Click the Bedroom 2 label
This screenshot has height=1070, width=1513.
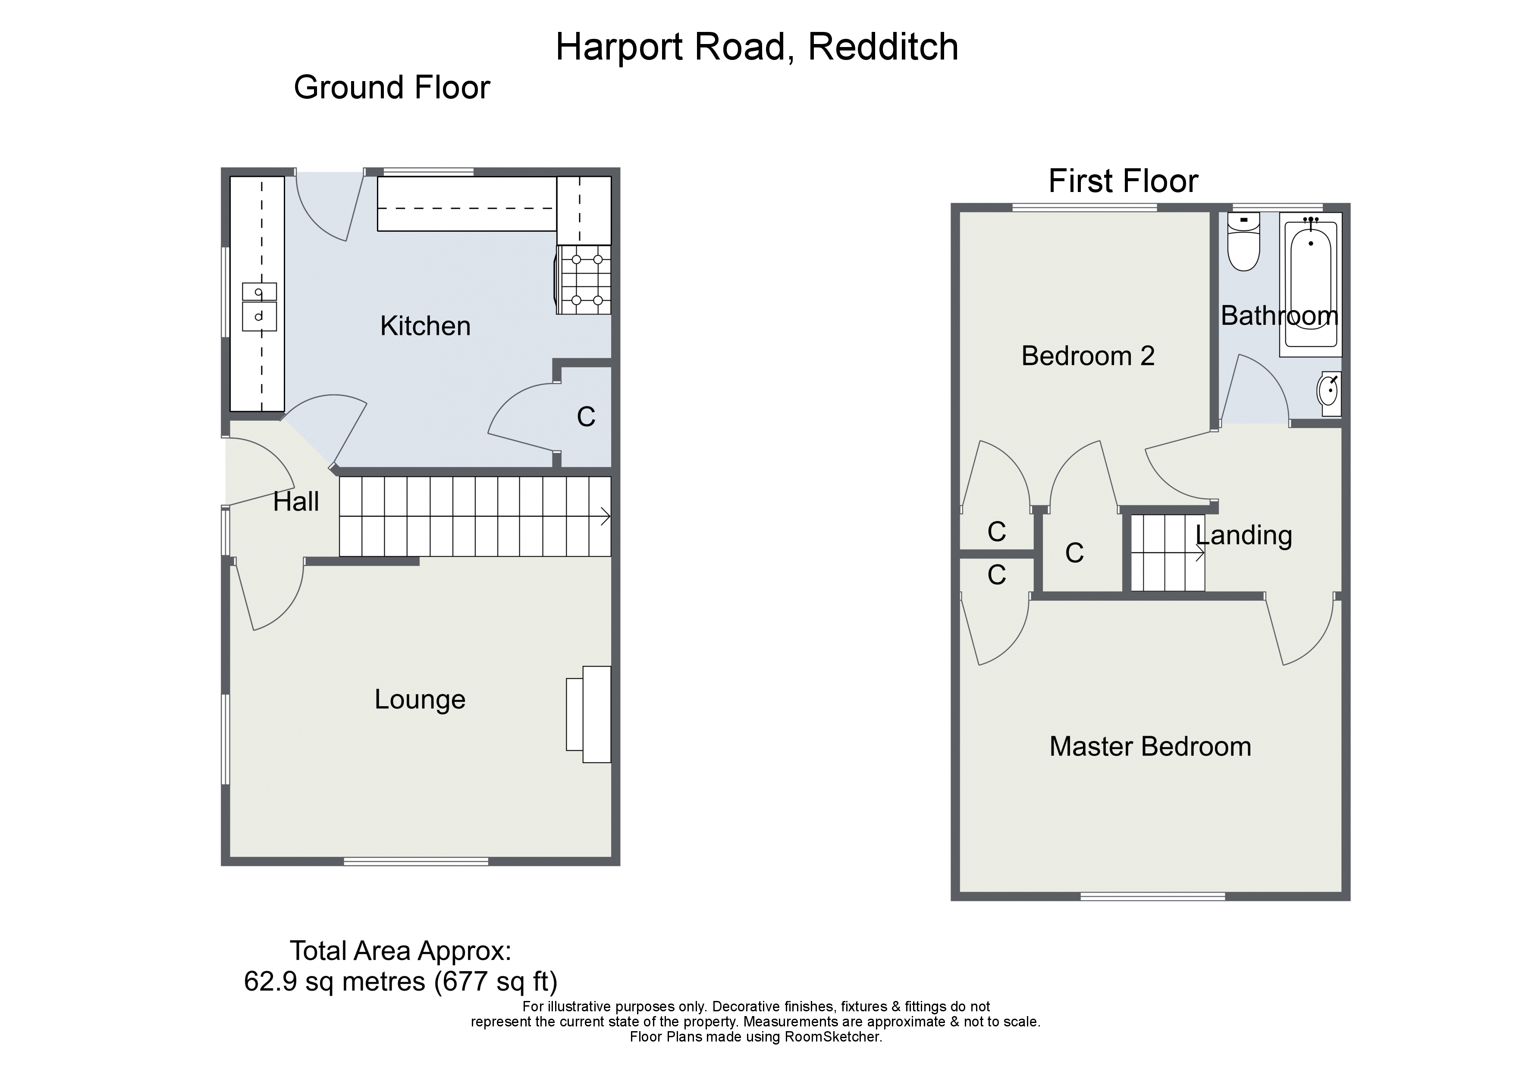click(1088, 356)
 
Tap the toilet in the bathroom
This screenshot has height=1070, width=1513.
click(1243, 241)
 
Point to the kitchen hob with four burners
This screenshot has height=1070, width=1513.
click(584, 280)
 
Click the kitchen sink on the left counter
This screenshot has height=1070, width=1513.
click(259, 307)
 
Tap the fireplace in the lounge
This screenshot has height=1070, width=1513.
click(588, 714)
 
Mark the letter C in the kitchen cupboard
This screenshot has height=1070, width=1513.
click(586, 417)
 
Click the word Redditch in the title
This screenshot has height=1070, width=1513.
click(883, 47)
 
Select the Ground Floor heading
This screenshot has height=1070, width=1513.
click(392, 88)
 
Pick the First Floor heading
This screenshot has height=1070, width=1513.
click(1123, 181)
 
